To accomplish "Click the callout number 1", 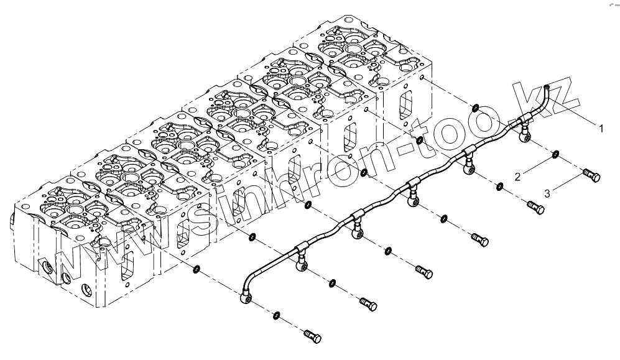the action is click(601, 128).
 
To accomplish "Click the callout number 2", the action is click(517, 177).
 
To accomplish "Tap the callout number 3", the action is click(547, 193).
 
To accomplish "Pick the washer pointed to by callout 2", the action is click(556, 153).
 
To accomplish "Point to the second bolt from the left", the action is click(368, 304).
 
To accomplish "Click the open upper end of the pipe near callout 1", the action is click(546, 88).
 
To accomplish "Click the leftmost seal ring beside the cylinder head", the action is click(197, 269).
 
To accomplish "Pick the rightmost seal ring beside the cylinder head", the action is click(474, 108).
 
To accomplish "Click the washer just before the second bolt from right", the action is click(499, 185).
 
